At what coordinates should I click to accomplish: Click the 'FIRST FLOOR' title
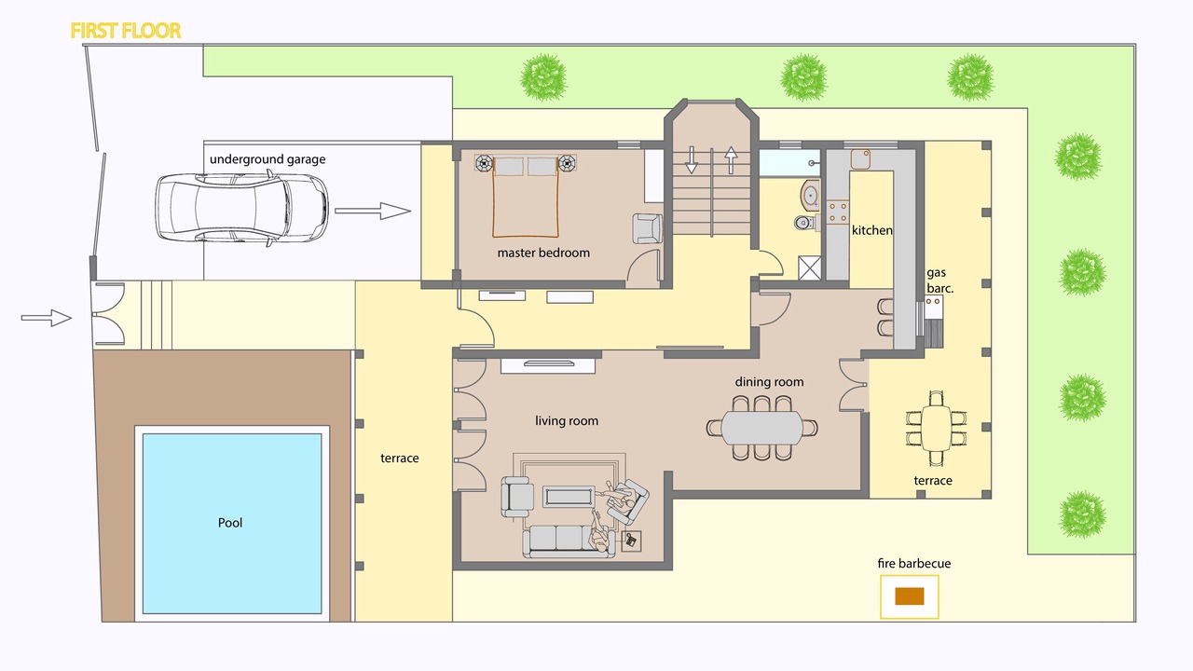(x=126, y=31)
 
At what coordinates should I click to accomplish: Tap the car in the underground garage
(x=241, y=208)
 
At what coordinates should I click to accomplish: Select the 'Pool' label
(x=230, y=523)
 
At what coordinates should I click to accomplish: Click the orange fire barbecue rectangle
(x=909, y=596)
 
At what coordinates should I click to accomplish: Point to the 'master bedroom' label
(x=543, y=253)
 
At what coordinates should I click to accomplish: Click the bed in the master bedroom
(x=526, y=197)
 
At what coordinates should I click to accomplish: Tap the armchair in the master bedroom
(x=647, y=228)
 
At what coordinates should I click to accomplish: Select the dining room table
(x=762, y=428)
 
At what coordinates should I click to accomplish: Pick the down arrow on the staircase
(x=691, y=159)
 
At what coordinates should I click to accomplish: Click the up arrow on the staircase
(x=731, y=159)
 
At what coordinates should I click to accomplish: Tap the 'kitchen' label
(x=871, y=230)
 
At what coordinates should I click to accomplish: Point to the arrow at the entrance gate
(x=47, y=318)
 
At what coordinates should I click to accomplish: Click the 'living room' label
(x=567, y=420)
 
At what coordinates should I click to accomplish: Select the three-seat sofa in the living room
(x=569, y=541)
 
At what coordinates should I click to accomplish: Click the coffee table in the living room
(x=569, y=497)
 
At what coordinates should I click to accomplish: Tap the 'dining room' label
(x=769, y=382)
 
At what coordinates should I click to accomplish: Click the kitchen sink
(x=860, y=158)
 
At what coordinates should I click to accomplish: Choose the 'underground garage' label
(x=267, y=159)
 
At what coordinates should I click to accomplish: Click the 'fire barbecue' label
(x=914, y=564)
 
